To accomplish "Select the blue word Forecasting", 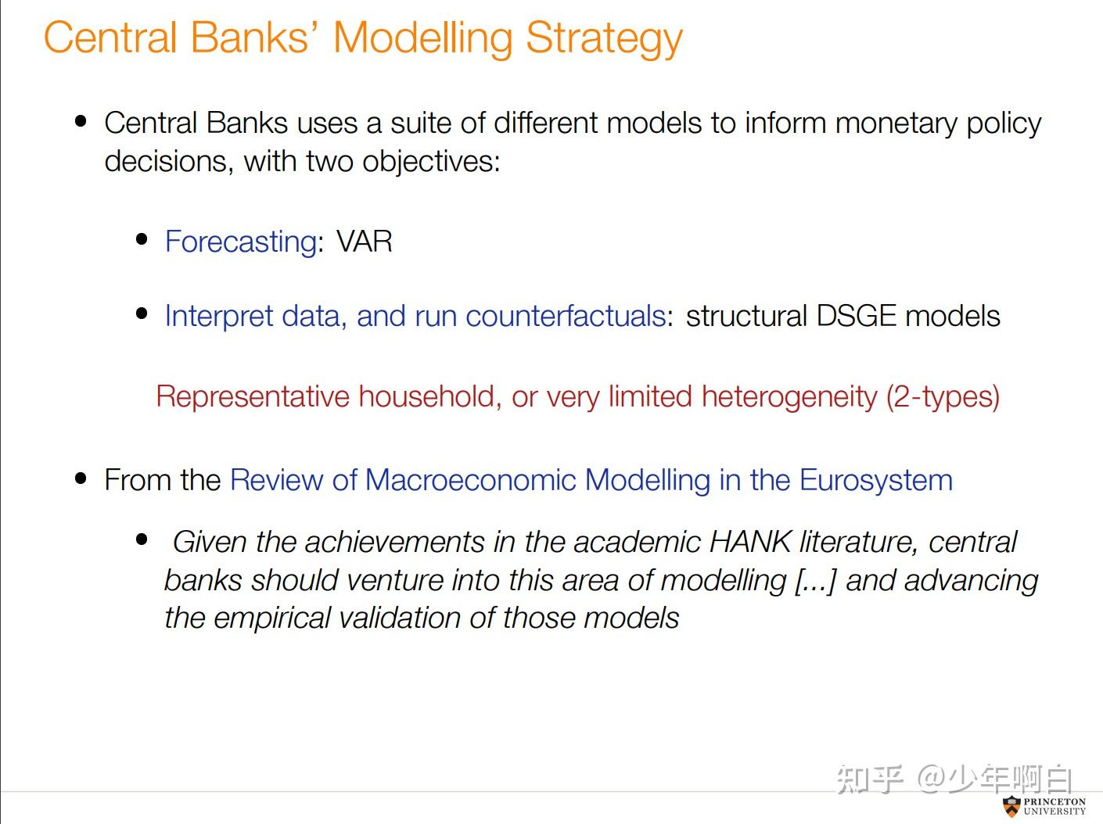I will pos(240,242).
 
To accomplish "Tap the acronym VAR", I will pos(365,242).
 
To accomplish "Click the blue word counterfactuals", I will pos(566,316).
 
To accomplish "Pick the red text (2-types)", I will pos(943,396).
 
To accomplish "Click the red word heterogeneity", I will pos(789,396).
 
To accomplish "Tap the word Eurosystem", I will pos(876,480).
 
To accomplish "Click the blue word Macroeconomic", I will pos(470,480).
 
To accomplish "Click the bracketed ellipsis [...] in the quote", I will pos(816,580).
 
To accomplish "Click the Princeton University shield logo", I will pos(1011,806).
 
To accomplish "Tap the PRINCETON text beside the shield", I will pos(1054,801).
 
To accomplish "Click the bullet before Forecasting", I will pos(142,239).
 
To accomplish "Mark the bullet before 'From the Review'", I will pos(81,478).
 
